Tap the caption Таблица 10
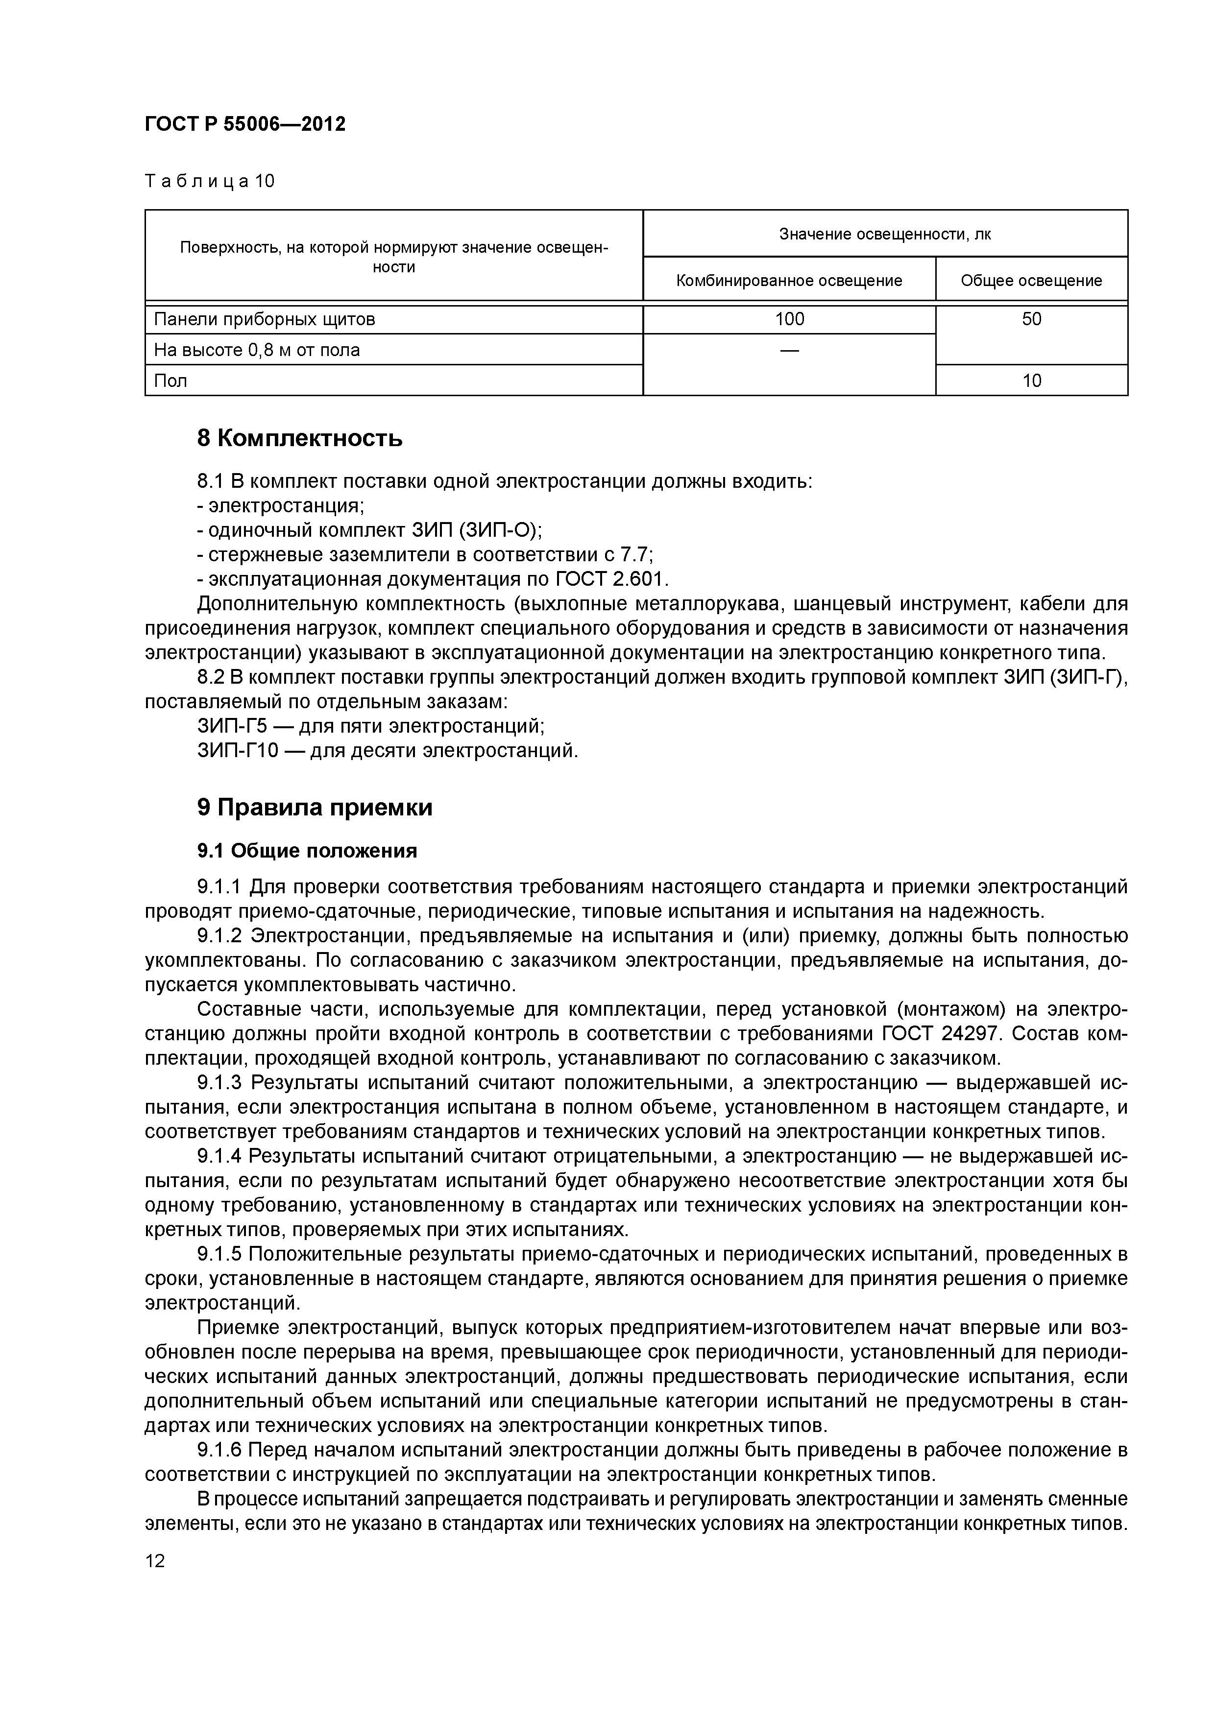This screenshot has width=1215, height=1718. point(210,181)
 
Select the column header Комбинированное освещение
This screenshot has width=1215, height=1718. point(789,281)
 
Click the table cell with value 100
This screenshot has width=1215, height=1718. point(789,319)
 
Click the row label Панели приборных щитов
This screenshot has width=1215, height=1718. point(264,319)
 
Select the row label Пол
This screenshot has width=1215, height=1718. point(170,381)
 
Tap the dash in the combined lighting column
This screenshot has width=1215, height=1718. point(789,350)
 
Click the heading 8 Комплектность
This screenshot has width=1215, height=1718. point(299,438)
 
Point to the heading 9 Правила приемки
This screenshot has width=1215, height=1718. point(315,808)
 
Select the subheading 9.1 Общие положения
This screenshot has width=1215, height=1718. point(307,851)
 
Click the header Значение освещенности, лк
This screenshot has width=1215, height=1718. point(885,234)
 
